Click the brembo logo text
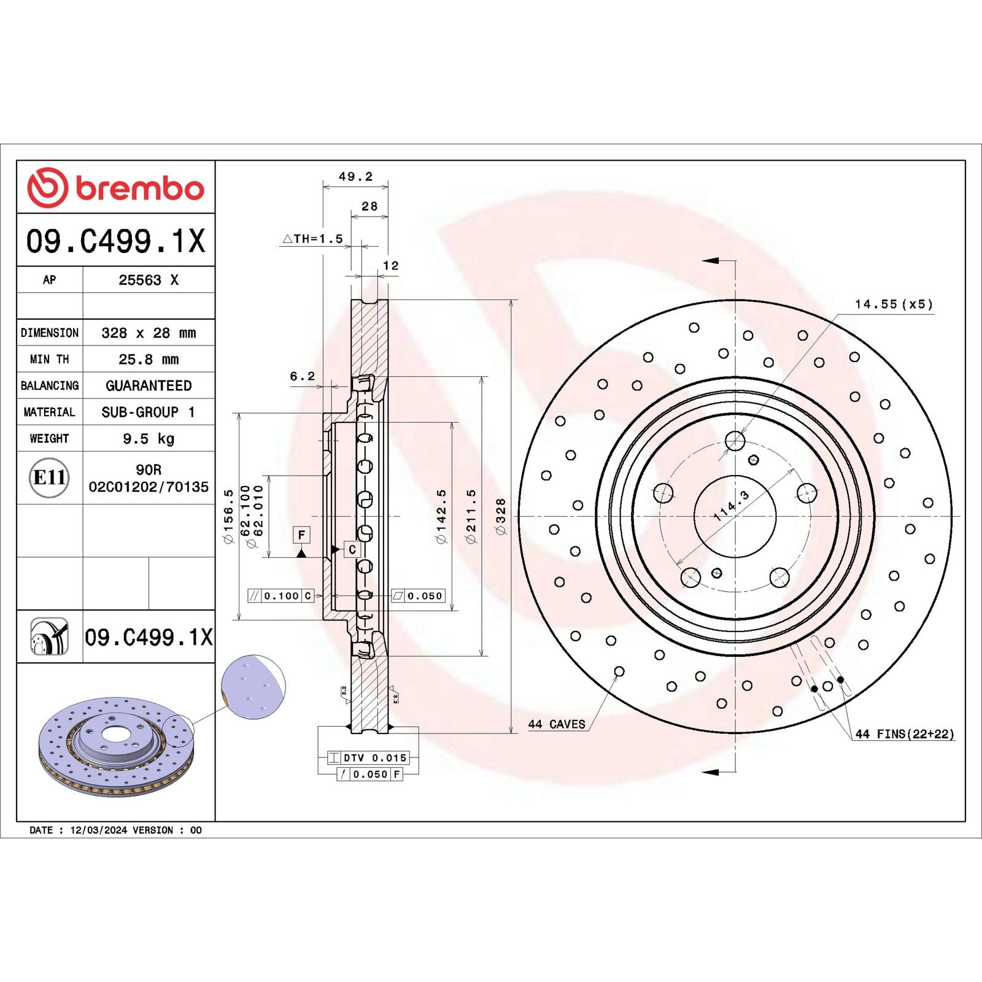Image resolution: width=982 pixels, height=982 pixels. click(139, 188)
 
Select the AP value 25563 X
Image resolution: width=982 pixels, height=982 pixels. click(149, 280)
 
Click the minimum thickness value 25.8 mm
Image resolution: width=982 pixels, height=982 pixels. click(149, 359)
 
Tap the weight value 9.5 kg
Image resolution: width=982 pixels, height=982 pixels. click(149, 438)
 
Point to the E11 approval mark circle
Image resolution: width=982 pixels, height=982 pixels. click(49, 477)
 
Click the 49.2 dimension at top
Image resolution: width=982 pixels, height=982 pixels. click(355, 177)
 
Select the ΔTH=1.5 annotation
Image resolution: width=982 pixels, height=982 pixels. click(313, 239)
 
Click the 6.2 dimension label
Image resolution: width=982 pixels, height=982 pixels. click(302, 376)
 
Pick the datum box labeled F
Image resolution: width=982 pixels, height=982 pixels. click(301, 535)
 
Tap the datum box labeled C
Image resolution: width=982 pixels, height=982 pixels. click(352, 549)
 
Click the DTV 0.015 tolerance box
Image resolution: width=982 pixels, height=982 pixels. click(368, 758)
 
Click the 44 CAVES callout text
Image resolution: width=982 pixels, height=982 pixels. click(557, 724)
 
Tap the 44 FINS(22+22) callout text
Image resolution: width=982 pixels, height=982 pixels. click(905, 734)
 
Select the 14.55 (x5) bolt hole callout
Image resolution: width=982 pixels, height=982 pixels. click(894, 304)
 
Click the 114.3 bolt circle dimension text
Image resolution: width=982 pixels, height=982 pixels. click(732, 506)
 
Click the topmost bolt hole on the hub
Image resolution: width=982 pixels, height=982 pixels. click(735, 440)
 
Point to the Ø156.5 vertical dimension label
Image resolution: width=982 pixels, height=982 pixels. click(228, 516)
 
